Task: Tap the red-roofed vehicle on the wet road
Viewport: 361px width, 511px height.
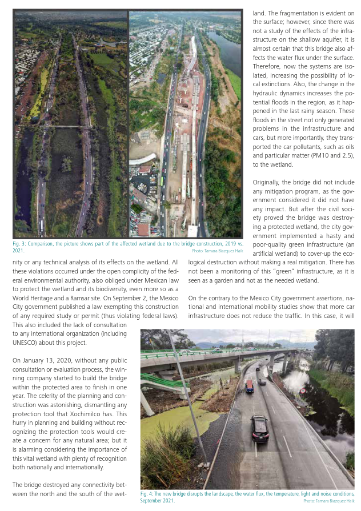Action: pyautogui.click(x=249, y=387)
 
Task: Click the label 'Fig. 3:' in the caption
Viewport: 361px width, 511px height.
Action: pyautogui.click(x=21, y=244)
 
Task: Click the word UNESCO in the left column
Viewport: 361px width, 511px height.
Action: pyautogui.click(x=26, y=343)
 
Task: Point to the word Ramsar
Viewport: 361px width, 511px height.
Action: pyautogui.click(x=67, y=297)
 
